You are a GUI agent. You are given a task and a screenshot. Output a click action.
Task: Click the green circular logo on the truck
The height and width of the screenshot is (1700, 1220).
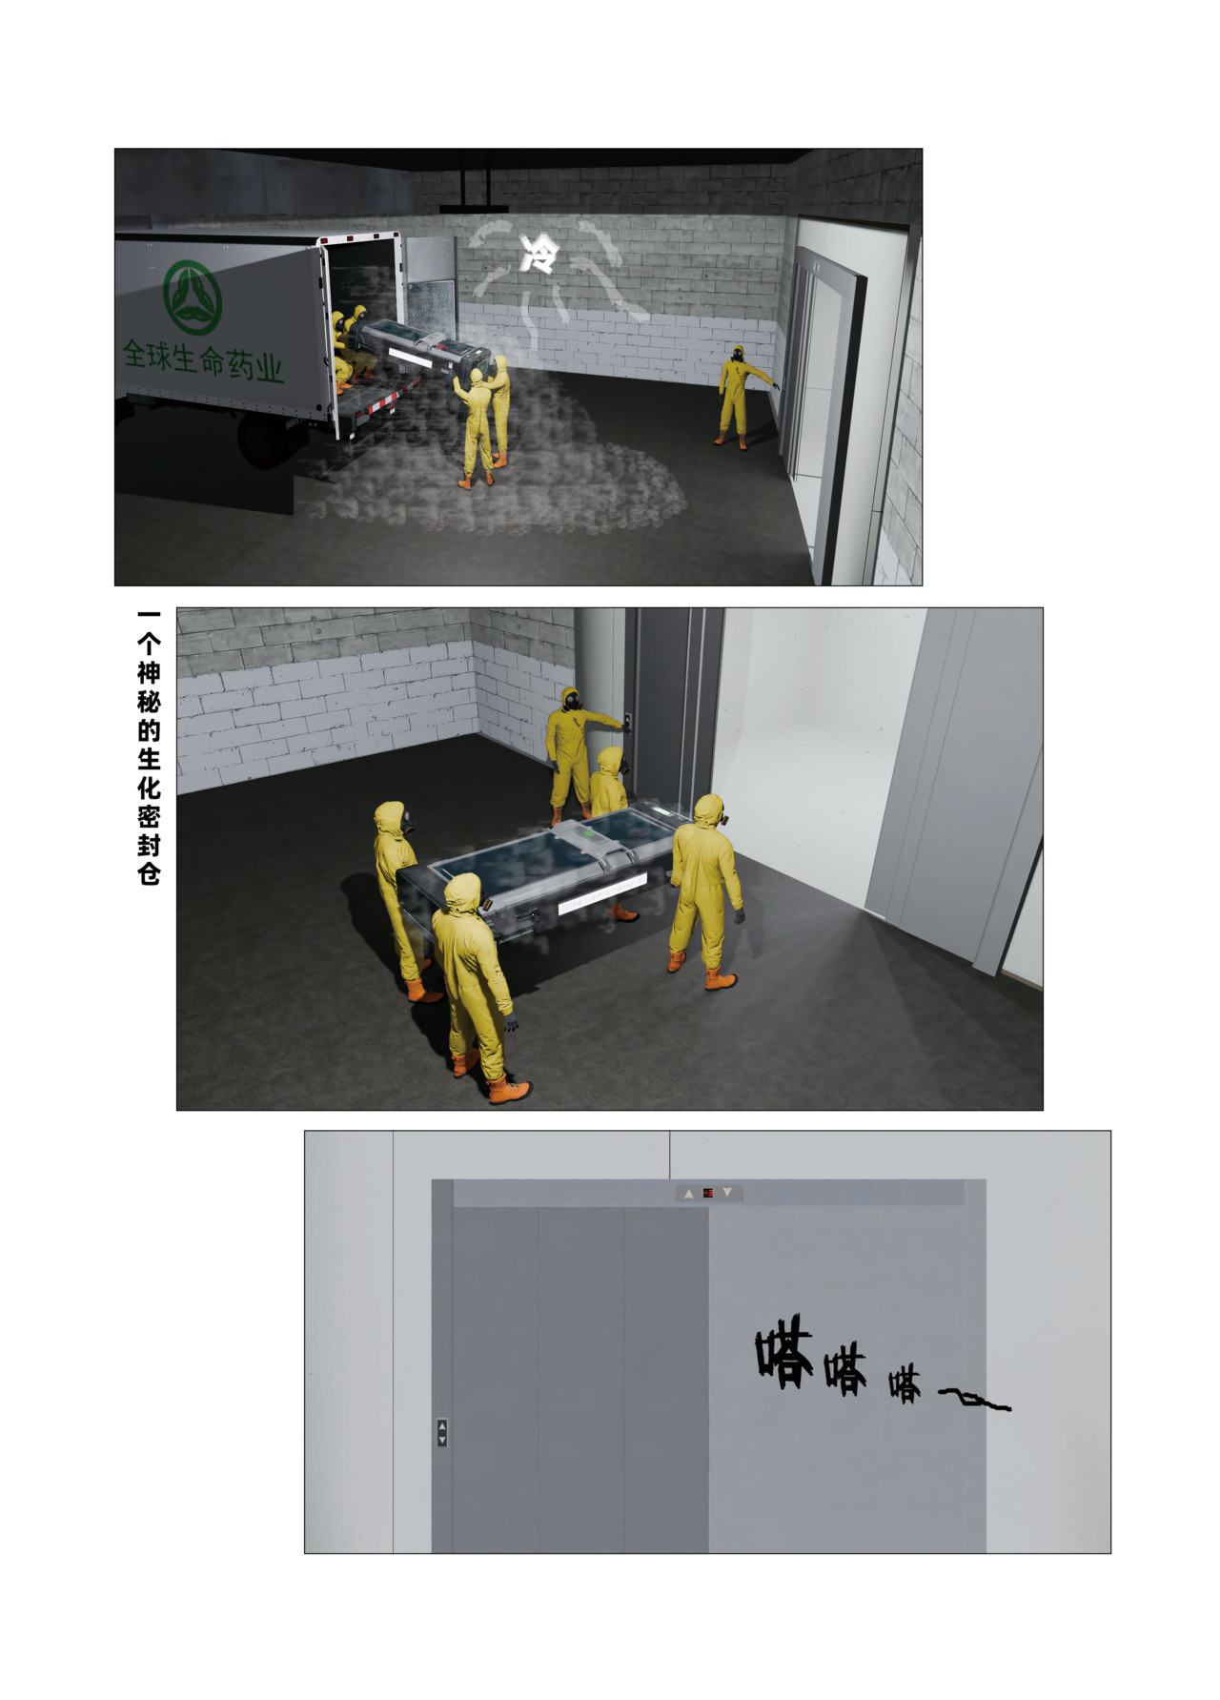193,297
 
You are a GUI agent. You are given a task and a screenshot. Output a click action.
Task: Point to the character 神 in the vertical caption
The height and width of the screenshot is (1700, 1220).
149,674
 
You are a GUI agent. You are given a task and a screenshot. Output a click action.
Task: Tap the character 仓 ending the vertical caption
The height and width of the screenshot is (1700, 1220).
149,874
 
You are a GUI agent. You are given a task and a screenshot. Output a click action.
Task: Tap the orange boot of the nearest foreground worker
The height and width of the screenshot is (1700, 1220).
508,1089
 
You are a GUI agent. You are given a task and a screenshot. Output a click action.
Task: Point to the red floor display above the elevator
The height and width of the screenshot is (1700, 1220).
708,1193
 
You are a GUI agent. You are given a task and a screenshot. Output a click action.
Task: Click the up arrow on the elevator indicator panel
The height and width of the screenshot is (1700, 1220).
689,1194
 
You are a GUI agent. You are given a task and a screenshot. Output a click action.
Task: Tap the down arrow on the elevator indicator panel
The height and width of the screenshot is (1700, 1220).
727,1193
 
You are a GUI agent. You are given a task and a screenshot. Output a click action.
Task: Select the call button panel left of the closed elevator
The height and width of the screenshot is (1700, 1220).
441,1432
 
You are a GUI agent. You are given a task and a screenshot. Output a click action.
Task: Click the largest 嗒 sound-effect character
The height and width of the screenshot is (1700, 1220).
784,1351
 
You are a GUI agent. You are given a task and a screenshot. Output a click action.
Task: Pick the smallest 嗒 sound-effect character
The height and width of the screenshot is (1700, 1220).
905,1385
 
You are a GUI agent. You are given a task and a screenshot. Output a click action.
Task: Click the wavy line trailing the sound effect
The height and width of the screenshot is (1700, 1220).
974,1400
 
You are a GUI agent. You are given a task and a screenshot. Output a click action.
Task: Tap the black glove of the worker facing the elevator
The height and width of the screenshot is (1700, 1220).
739,915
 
